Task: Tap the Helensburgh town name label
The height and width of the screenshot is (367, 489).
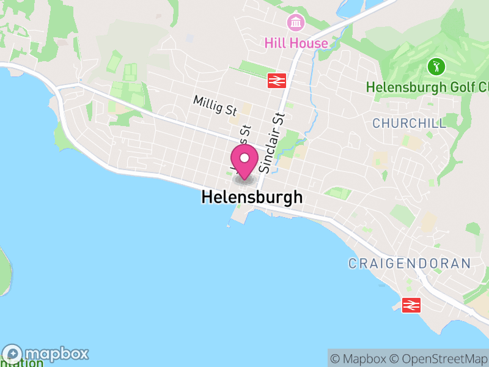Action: (x=252, y=198)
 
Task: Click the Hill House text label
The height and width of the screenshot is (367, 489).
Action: (x=296, y=43)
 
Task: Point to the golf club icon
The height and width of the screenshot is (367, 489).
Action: (x=435, y=65)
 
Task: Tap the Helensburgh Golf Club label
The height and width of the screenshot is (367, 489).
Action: (x=428, y=87)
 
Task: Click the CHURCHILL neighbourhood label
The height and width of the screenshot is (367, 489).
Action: (x=409, y=123)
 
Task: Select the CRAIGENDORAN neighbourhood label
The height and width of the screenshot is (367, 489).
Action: (x=409, y=264)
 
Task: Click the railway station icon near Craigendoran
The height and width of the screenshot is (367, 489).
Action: (x=411, y=304)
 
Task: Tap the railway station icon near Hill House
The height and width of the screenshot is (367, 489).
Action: (x=277, y=80)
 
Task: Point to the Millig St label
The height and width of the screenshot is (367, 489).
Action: (x=215, y=105)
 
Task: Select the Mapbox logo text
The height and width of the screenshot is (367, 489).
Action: (x=57, y=354)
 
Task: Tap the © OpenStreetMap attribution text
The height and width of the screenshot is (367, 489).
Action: (x=438, y=358)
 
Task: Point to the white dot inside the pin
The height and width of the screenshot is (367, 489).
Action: (x=244, y=158)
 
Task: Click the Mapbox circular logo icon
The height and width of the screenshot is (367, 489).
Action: (x=13, y=354)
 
